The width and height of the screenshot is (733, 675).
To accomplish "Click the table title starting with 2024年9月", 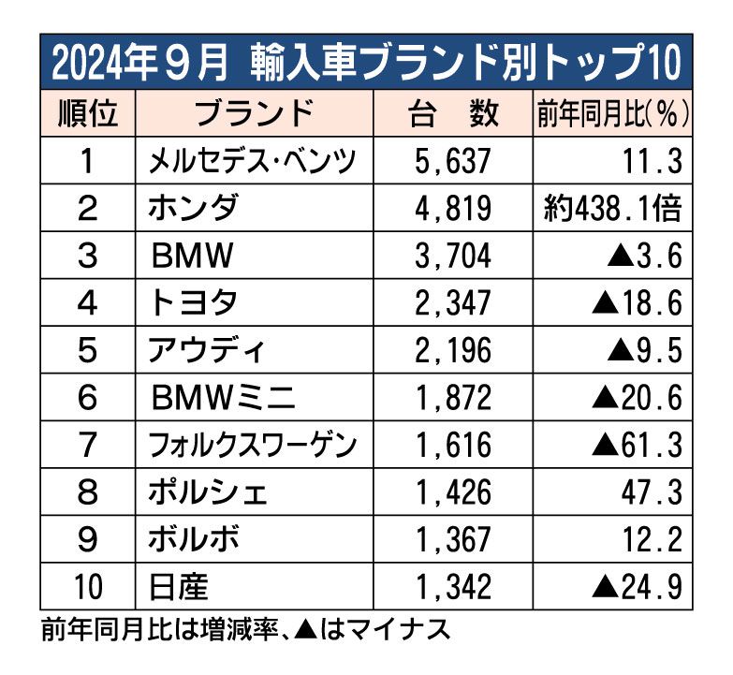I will [366, 63].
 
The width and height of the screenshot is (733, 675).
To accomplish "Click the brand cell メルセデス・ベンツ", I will [253, 162].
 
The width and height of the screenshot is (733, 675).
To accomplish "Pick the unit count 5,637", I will [451, 162].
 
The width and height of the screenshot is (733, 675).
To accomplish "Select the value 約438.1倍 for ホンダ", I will [613, 209].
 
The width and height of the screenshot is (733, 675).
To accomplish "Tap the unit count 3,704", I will [451, 256].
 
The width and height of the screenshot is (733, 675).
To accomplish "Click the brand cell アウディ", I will [207, 351].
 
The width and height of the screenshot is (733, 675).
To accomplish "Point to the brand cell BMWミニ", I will [225, 398].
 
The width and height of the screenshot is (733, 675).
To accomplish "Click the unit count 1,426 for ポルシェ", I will [451, 492].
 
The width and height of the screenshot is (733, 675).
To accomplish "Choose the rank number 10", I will [88, 587].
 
